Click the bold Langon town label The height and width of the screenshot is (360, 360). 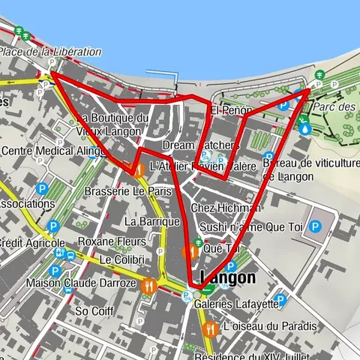[x=228, y=277]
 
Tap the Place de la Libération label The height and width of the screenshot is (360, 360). [x=50, y=52]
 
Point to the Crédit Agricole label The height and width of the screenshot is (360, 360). [x=31, y=243]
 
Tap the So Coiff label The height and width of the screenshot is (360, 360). [x=93, y=310]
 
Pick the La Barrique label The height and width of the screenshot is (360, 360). [x=152, y=221]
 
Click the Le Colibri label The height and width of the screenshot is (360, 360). [x=121, y=259]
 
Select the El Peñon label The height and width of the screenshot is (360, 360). [x=231, y=111]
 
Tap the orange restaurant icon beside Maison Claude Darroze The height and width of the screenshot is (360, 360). [x=151, y=285]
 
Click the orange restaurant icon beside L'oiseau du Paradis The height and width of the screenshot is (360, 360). [x=212, y=327]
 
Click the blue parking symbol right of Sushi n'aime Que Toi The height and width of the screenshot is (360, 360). [x=316, y=226]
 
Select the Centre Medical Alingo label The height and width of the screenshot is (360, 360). [x=42, y=151]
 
